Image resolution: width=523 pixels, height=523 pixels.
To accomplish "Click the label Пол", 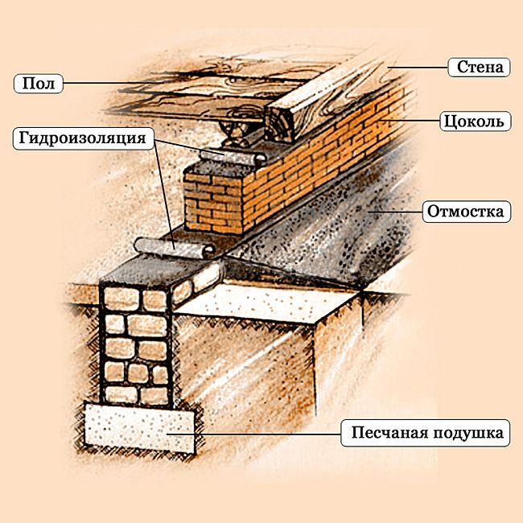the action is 39,84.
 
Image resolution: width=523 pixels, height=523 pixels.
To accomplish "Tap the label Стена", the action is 480,67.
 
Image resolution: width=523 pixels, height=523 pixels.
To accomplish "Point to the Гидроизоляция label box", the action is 84,138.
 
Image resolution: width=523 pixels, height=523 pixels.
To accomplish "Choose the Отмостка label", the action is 467,212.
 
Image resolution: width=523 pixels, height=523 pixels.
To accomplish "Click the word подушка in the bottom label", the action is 468,433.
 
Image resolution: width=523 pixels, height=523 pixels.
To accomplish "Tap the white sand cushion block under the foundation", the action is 140,428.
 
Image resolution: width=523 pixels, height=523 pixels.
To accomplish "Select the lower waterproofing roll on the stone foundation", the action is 175,248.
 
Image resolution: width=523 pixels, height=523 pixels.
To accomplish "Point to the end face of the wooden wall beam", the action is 278,125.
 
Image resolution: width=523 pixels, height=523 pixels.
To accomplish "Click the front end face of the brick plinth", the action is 212,204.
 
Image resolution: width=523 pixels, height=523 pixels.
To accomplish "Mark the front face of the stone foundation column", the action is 137,346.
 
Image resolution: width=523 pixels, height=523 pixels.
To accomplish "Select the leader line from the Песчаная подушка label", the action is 253,434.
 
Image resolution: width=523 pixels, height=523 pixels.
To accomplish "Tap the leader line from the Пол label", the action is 113,83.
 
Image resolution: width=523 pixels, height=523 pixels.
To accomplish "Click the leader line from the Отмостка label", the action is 396,212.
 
